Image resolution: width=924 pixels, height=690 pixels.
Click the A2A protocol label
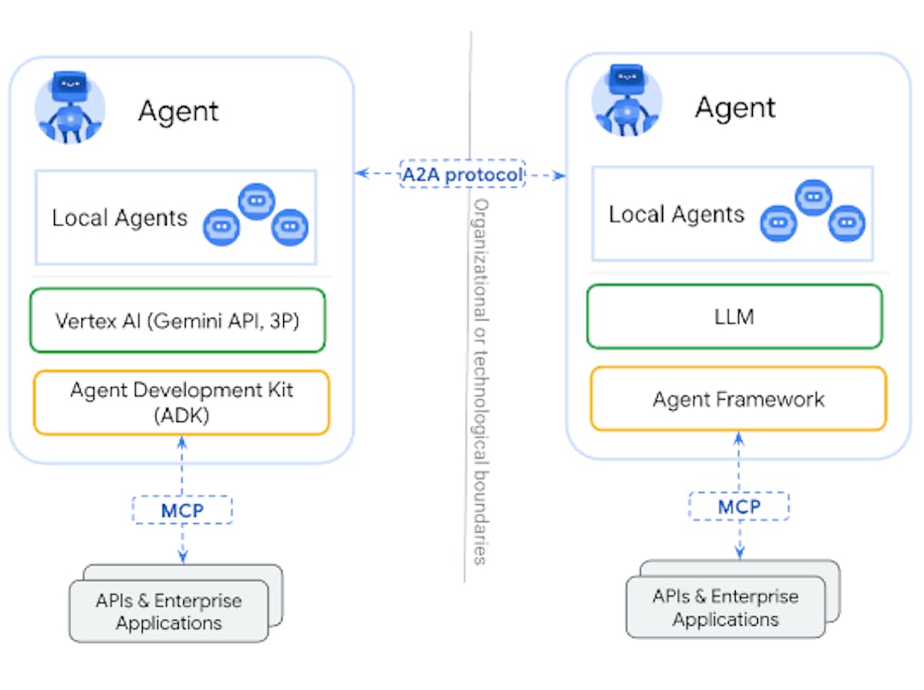(462, 175)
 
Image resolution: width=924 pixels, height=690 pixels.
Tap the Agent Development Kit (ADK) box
(181, 402)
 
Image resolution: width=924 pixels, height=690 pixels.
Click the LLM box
(734, 317)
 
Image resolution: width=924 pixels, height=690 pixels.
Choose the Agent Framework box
(738, 399)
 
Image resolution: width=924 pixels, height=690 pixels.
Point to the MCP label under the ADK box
(182, 510)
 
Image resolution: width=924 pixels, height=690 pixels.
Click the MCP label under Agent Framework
(739, 506)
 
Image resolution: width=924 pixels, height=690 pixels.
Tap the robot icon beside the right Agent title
(627, 104)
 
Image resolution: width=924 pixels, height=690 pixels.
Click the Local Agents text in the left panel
(120, 218)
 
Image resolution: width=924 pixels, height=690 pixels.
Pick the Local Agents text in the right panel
(677, 214)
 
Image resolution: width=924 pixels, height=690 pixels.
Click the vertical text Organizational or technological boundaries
(481, 381)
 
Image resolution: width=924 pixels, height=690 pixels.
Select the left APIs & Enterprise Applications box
(169, 611)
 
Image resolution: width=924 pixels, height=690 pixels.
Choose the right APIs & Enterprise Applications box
(726, 607)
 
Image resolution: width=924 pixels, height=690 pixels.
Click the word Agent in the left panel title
(179, 111)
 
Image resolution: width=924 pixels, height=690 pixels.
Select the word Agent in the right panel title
(735, 108)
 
